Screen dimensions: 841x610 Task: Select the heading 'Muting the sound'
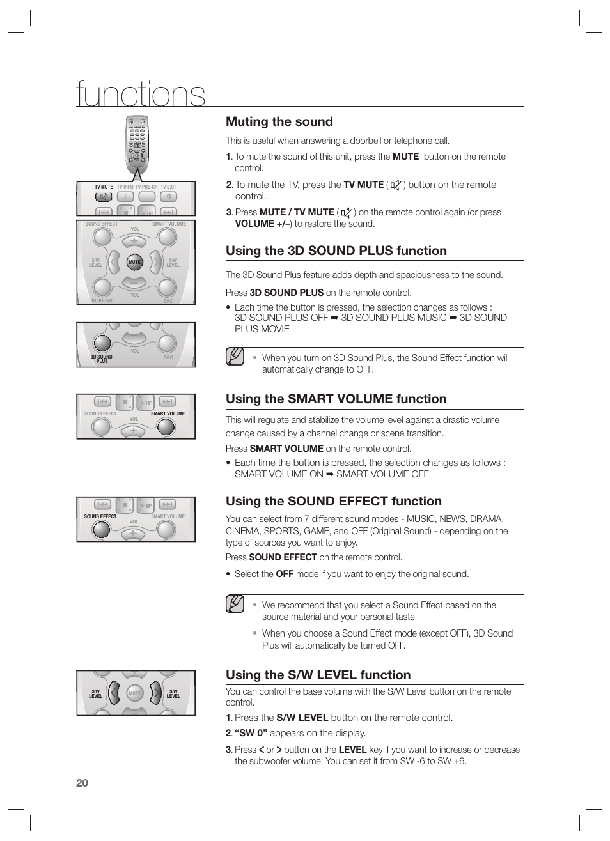(279, 121)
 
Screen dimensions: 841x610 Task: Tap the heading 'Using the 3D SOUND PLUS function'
(336, 251)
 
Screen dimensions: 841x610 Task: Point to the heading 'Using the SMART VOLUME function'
(336, 399)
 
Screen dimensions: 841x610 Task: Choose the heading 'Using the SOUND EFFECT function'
(333, 501)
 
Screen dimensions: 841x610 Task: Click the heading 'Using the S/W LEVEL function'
(318, 675)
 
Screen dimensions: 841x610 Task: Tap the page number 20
(82, 783)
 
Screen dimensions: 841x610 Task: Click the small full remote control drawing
(137, 145)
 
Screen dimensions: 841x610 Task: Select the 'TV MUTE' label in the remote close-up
(104, 187)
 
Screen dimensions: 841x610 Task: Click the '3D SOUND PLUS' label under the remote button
(101, 359)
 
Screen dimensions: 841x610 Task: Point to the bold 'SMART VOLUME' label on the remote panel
(168, 413)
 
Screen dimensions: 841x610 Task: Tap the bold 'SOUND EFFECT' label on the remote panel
(100, 516)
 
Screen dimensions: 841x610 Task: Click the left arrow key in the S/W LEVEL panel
(114, 692)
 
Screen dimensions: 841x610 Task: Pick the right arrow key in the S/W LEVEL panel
(155, 692)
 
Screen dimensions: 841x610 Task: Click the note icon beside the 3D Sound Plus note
(235, 356)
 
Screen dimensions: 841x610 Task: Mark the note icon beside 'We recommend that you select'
(235, 603)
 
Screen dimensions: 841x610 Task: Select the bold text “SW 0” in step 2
(251, 733)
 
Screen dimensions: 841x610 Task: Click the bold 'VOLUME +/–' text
(263, 224)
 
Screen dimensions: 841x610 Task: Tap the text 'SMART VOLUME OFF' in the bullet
(382, 474)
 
